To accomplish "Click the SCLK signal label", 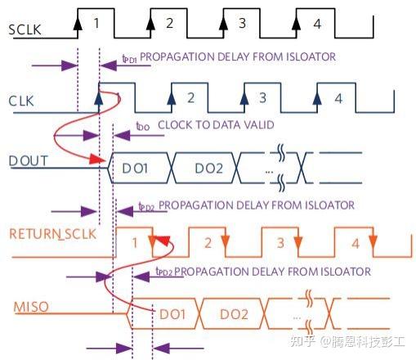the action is (25, 29).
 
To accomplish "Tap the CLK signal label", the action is (21, 101).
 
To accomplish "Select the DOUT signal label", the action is (29, 161).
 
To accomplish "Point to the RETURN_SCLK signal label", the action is (53, 234).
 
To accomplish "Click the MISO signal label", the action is (31, 307).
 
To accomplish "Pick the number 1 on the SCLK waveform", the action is (96, 23).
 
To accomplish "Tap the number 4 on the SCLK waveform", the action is (317, 24).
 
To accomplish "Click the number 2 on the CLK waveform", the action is (191, 97).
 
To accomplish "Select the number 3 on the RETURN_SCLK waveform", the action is (280, 243).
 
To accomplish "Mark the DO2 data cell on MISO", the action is (234, 314).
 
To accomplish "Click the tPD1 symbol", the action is (129, 59).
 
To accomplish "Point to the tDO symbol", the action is (143, 126).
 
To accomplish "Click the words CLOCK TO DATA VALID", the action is (216, 125).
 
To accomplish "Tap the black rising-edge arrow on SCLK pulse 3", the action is (223, 24).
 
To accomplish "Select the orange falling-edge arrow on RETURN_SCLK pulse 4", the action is (373, 241).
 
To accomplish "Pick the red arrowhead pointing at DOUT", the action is (97, 159).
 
